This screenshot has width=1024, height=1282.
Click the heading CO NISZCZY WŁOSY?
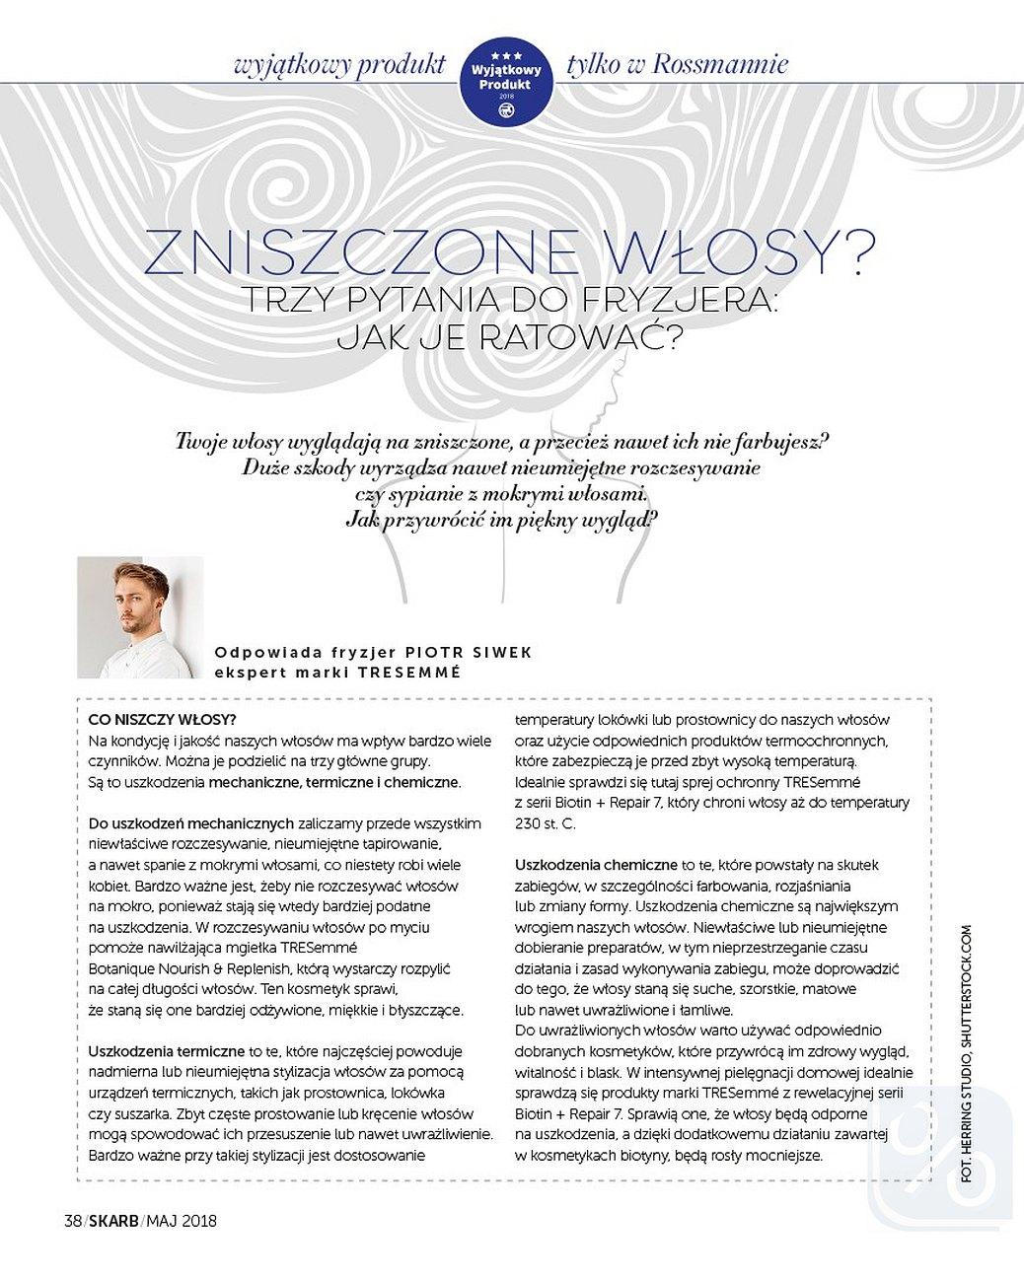pyautogui.click(x=163, y=719)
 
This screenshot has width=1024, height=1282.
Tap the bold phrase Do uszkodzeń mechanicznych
pyautogui.click(x=191, y=822)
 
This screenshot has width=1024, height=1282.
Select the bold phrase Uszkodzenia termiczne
pyautogui.click(x=166, y=1051)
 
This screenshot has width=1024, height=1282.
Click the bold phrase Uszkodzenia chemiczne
pyautogui.click(x=596, y=865)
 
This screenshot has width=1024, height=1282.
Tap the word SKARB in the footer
pyautogui.click(x=113, y=1221)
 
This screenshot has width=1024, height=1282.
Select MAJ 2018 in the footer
pyautogui.click(x=182, y=1221)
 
